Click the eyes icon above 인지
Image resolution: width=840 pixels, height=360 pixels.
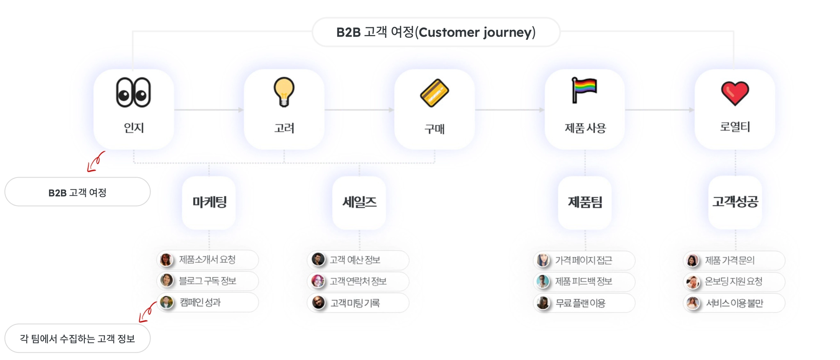pyautogui.click(x=133, y=93)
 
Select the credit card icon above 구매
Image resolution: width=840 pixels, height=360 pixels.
pyautogui.click(x=434, y=93)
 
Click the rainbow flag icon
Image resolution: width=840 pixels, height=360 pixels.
pyautogui.click(x=584, y=90)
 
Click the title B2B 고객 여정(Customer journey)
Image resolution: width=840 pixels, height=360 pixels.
pyautogui.click(x=436, y=32)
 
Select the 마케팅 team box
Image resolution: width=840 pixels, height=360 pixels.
pyautogui.click(x=209, y=202)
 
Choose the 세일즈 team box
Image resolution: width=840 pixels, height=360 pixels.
pyautogui.click(x=359, y=202)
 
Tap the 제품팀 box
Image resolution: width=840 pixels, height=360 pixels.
pyautogui.click(x=585, y=202)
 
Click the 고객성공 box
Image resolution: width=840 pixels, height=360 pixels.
pyautogui.click(x=735, y=202)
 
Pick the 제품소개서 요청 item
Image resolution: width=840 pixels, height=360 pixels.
pyautogui.click(x=208, y=260)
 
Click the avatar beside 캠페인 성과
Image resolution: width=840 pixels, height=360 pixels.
pyautogui.click(x=167, y=303)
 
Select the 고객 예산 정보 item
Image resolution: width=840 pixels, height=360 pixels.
pyautogui.click(x=358, y=260)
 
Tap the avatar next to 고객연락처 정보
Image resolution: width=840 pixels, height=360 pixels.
pyautogui.click(x=317, y=281)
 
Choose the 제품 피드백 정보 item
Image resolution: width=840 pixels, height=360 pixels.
pyautogui.click(x=584, y=282)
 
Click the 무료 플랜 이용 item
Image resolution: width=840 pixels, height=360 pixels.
pyautogui.click(x=584, y=303)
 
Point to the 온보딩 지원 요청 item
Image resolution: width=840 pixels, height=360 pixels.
pyautogui.click(x=734, y=282)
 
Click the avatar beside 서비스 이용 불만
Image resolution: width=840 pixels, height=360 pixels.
pyautogui.click(x=693, y=303)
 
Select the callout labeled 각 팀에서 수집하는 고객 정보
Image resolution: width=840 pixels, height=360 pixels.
pyautogui.click(x=78, y=339)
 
